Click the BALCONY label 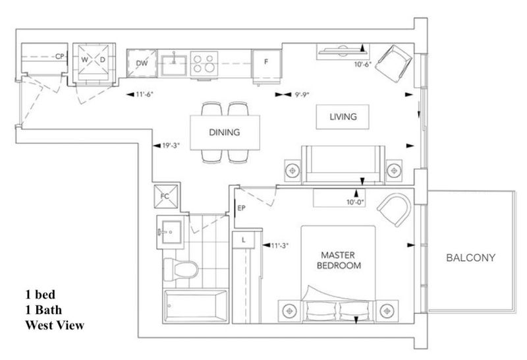coord(470,258)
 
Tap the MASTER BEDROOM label coord(339,260)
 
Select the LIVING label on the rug coord(343,117)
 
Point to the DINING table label coord(225,133)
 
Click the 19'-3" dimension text coord(171,146)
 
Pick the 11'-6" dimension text coord(144,94)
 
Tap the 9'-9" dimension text coord(302,95)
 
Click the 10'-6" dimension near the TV coord(363,64)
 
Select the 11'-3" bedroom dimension coord(279,246)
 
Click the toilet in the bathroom coord(180,269)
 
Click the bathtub coord(195,305)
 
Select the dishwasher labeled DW coord(142,63)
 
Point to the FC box coord(165,196)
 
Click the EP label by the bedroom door coord(241,208)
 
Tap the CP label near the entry coord(59,57)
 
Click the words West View coord(55,325)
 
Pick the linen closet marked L coord(244,240)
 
